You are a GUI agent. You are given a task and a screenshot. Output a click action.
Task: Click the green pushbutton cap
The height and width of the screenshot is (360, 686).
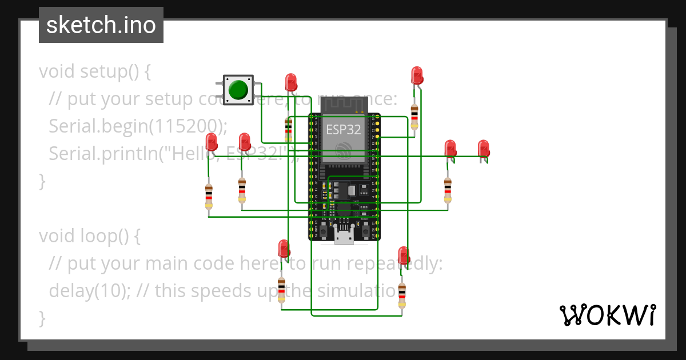coord(238,90)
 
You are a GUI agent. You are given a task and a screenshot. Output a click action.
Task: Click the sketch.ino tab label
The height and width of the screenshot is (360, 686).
coord(101,25)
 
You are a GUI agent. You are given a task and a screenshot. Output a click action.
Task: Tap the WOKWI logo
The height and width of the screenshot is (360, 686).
coord(607,315)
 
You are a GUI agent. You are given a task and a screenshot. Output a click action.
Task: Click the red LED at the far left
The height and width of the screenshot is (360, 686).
coord(212,142)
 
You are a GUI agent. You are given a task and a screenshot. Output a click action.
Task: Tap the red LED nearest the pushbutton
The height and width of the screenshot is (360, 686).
coord(291,81)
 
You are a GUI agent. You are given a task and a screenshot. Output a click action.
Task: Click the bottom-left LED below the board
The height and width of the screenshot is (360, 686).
coord(284,249)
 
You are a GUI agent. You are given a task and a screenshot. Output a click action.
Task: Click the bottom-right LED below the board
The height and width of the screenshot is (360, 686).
coord(404,255)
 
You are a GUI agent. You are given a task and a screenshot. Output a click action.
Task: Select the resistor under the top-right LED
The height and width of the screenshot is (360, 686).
coord(414,117)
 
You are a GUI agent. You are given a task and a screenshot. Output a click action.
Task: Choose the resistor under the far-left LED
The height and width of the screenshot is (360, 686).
coord(209,196)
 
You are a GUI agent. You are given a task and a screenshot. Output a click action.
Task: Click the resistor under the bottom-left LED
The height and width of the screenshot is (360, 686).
coord(281,289)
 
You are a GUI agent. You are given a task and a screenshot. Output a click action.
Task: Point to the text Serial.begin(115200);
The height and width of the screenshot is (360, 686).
coord(138,126)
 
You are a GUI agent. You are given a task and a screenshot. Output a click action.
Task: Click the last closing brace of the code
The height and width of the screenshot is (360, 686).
coord(42,318)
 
